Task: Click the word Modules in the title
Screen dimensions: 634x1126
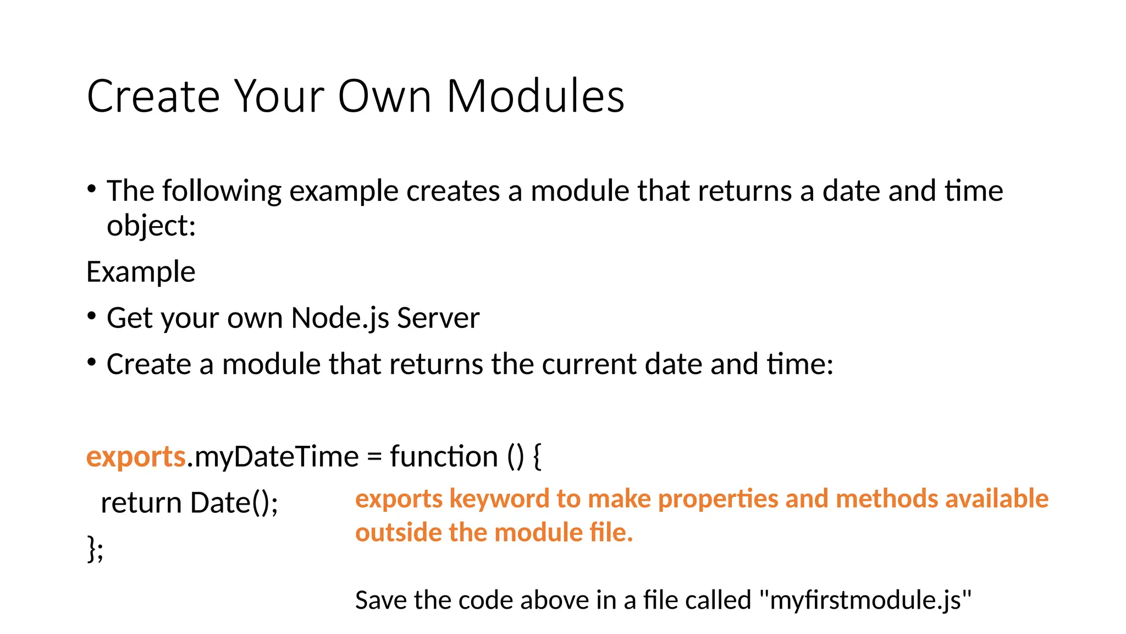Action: [535, 96]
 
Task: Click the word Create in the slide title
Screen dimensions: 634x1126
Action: [153, 96]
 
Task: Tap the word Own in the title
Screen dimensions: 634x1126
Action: [384, 96]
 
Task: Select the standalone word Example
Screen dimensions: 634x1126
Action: [141, 272]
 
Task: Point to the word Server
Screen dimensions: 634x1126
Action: [438, 318]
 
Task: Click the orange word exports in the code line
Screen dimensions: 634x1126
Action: [136, 457]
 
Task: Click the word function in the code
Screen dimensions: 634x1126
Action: [444, 457]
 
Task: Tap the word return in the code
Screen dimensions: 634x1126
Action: [141, 503]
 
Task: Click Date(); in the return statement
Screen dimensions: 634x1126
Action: [234, 503]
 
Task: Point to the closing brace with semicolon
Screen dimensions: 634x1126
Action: [95, 549]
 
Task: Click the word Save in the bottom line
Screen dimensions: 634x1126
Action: [381, 600]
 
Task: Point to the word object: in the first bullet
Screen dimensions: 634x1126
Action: [151, 226]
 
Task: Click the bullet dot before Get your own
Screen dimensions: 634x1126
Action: [92, 316]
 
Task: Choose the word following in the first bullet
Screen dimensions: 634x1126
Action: [222, 192]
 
